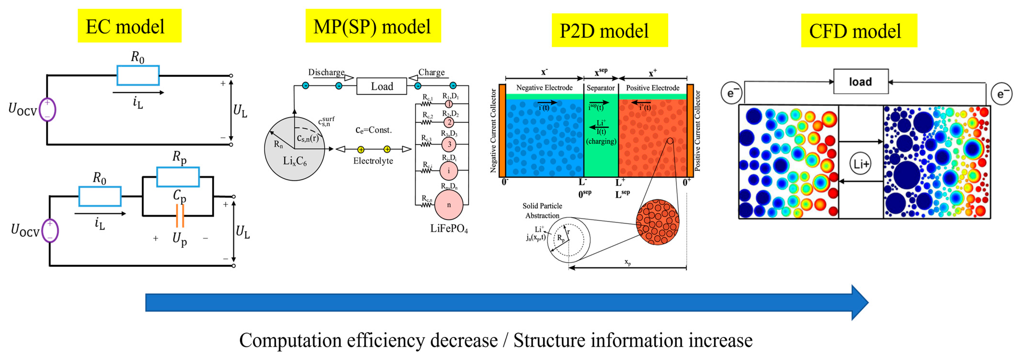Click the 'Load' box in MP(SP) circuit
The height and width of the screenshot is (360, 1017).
[x=381, y=86]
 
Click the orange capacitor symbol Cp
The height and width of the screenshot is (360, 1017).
[x=180, y=216]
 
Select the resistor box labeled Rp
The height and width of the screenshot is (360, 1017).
[x=178, y=177]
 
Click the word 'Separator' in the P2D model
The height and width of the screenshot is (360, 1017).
[x=600, y=88]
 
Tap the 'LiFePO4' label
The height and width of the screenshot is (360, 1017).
[x=449, y=229]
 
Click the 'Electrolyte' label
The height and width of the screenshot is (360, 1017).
[x=373, y=161]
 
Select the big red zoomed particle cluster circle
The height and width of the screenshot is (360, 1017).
[x=657, y=222]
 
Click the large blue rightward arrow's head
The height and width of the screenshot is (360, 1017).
[x=859, y=302]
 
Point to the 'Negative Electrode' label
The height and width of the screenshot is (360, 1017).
[x=544, y=88]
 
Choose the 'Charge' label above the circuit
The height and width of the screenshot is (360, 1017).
[x=432, y=72]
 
